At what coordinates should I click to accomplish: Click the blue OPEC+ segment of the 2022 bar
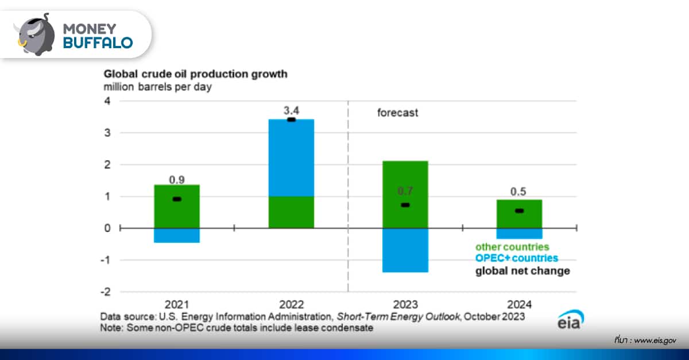pos(291,158)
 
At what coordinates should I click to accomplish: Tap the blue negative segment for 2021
pos(177,235)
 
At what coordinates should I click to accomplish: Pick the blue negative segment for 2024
pos(519,233)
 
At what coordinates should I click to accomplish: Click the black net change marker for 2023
pos(405,205)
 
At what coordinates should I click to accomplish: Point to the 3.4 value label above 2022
pos(291,109)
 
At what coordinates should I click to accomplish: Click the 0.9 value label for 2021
pos(177,180)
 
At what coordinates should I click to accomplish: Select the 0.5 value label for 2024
pos(519,192)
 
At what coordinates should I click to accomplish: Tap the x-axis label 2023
pos(405,304)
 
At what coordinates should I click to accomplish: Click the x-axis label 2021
pos(177,304)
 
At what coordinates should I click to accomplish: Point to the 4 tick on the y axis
pos(106,101)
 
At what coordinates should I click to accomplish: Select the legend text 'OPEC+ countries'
pos(517,258)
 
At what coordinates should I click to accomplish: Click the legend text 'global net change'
pos(522,270)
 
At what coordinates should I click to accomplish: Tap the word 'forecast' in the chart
pos(397,113)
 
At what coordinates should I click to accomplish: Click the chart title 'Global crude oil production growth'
pos(195,74)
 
